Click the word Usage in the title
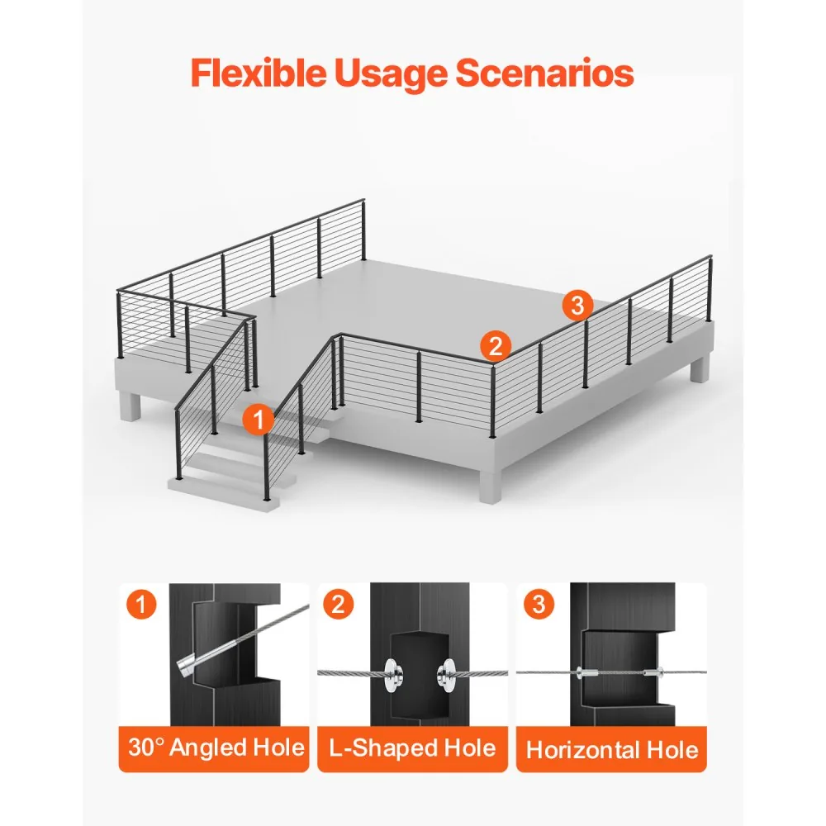(x=391, y=74)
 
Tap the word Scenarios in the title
(x=544, y=73)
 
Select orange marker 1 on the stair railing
(x=258, y=420)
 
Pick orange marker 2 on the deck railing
(x=496, y=346)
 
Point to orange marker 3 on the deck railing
(x=578, y=305)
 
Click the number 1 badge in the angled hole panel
(x=141, y=604)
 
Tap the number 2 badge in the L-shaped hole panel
(x=339, y=604)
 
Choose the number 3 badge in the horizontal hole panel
(x=539, y=604)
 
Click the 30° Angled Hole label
(x=216, y=748)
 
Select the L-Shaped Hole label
(x=412, y=748)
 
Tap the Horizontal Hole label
(x=612, y=750)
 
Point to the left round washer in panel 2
(x=393, y=673)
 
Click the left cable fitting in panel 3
(x=586, y=672)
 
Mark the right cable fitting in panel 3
(x=653, y=672)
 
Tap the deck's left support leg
(x=131, y=406)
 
